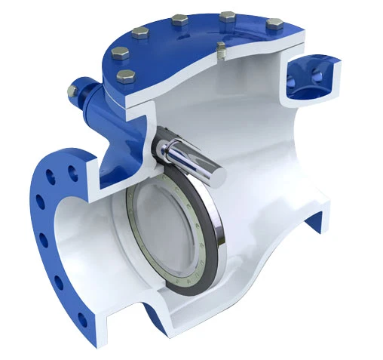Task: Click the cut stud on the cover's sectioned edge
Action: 220,52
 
